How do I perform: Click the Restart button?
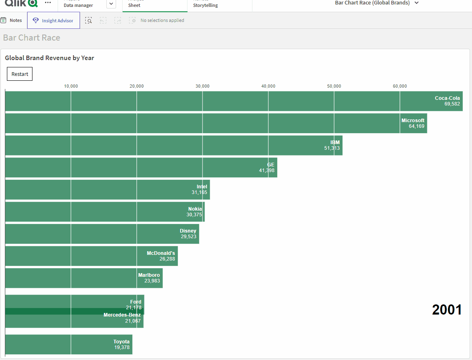(x=19, y=74)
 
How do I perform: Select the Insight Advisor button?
(x=54, y=20)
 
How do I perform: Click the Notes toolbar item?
(x=12, y=20)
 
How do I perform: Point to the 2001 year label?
(x=447, y=310)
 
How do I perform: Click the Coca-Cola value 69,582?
(x=452, y=104)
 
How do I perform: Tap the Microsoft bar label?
(x=413, y=121)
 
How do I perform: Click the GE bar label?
(x=271, y=165)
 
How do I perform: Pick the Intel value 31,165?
(x=199, y=192)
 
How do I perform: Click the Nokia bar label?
(x=195, y=209)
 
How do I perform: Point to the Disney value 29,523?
(x=188, y=237)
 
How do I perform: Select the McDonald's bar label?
(x=161, y=253)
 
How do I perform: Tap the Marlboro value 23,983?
(x=152, y=281)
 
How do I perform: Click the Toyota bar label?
(x=121, y=342)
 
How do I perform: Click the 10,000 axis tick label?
(x=71, y=86)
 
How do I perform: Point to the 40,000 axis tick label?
(x=268, y=86)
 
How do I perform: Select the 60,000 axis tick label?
(x=400, y=86)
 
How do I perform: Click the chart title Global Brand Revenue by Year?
(x=50, y=58)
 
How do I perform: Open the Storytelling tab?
(x=205, y=5)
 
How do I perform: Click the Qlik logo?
(x=21, y=3)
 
